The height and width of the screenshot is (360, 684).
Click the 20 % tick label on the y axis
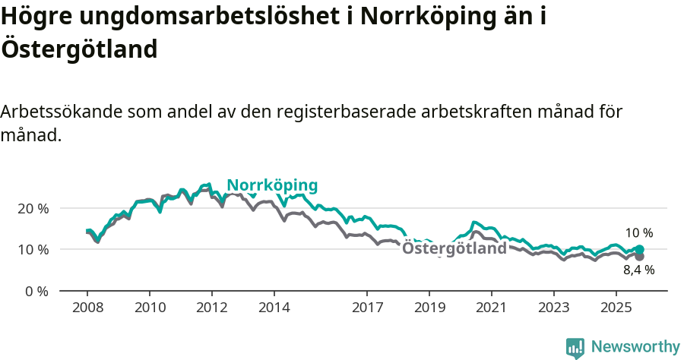[32, 208]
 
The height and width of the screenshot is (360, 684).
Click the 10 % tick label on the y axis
[32, 249]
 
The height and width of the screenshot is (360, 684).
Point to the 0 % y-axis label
[36, 291]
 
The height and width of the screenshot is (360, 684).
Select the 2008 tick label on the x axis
[87, 308]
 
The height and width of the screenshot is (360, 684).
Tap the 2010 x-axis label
[149, 308]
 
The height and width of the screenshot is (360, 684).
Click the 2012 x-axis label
[211, 308]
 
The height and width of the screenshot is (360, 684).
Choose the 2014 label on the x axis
[274, 308]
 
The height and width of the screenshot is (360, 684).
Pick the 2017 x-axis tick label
[367, 308]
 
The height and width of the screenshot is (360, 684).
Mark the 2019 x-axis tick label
[429, 308]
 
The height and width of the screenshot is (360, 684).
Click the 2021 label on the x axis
[492, 308]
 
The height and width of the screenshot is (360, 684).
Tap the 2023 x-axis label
[554, 308]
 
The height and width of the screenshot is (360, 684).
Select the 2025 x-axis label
[616, 308]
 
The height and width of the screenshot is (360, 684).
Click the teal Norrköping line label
[272, 185]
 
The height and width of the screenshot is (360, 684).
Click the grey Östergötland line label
[454, 248]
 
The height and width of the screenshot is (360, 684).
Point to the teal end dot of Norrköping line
[640, 249]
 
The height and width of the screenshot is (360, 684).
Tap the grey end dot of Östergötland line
[640, 257]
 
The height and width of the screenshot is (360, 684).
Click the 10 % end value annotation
[638, 233]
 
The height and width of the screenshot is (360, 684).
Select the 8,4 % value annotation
[638, 270]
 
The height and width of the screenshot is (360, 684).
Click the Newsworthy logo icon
[575, 348]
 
